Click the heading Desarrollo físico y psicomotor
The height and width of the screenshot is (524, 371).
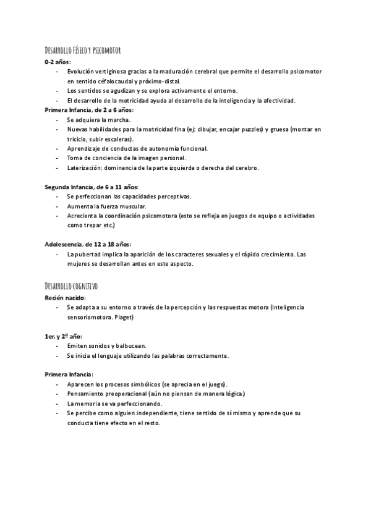click(x=86, y=49)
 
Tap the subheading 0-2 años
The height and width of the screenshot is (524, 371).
click(x=58, y=62)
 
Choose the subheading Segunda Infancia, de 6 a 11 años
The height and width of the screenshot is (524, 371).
click(x=92, y=187)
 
